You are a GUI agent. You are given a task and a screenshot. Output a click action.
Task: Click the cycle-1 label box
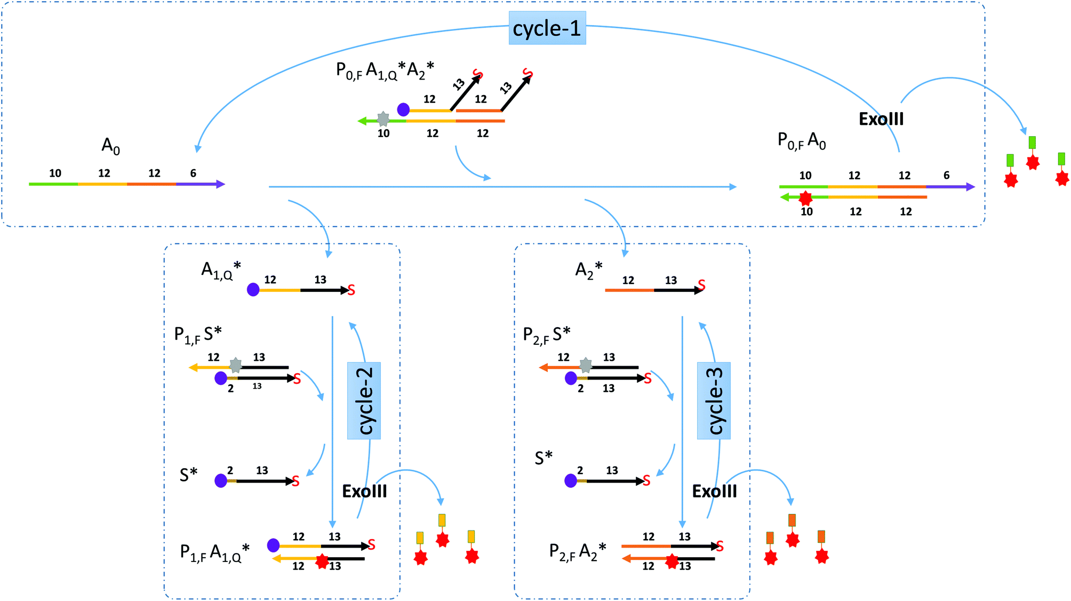pyautogui.click(x=547, y=28)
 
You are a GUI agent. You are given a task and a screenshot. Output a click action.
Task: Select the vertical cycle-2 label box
pyautogui.click(x=364, y=401)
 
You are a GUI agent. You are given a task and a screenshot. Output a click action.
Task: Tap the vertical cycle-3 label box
pyautogui.click(x=714, y=401)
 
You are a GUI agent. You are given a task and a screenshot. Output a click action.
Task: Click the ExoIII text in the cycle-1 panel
pyautogui.click(x=881, y=119)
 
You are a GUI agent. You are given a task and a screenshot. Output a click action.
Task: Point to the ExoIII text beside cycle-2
pyautogui.click(x=364, y=491)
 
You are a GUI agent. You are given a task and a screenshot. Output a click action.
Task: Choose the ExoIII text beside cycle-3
pyautogui.click(x=714, y=491)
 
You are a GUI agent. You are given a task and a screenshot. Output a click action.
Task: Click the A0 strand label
pyautogui.click(x=110, y=146)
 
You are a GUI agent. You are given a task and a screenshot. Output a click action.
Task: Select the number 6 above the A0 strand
pyautogui.click(x=193, y=173)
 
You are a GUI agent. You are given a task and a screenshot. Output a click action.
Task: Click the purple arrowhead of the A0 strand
pyautogui.click(x=220, y=184)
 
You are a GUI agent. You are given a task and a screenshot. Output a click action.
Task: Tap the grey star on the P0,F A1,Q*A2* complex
pyautogui.click(x=383, y=118)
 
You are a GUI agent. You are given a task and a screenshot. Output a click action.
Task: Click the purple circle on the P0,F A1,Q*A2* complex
pyautogui.click(x=404, y=110)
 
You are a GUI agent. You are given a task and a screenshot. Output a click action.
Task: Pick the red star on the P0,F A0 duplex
pyautogui.click(x=805, y=199)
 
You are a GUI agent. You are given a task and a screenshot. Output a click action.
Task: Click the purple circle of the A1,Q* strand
pyautogui.click(x=253, y=290)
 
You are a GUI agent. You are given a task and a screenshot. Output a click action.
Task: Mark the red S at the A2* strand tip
pyautogui.click(x=701, y=286)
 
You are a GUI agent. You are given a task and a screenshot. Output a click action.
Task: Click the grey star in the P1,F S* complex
pyautogui.click(x=236, y=365)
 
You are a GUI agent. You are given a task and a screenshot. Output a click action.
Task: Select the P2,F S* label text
pyautogui.click(x=546, y=335)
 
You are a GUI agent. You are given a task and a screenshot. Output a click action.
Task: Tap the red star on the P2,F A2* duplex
pyautogui.click(x=672, y=561)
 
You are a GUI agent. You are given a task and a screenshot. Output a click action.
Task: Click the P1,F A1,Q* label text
pyautogui.click(x=214, y=553)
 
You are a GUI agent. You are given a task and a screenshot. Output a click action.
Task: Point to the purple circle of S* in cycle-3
pyautogui.click(x=571, y=481)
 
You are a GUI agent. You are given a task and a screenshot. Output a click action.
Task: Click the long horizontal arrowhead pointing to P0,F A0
pyautogui.click(x=733, y=187)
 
